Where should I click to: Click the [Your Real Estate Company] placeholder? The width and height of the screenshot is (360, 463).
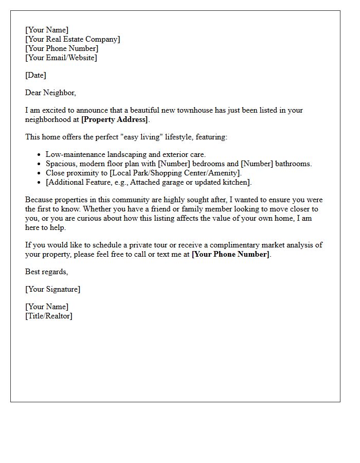pos(73,39)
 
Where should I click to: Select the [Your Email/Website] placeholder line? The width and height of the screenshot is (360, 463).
pos(61,58)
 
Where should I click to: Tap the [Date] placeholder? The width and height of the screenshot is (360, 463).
pos(35,75)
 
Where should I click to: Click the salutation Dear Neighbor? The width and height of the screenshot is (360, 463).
pos(50,93)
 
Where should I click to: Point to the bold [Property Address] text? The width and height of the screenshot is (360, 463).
pos(115,119)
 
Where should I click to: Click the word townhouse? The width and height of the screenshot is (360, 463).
pos(189,110)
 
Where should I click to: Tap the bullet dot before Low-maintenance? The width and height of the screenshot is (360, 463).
pos(39,154)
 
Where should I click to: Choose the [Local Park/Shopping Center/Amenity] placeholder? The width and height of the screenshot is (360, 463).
pos(175,173)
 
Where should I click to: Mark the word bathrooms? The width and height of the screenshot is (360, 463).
pos(293,164)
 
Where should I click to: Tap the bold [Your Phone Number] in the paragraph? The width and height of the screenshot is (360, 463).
pos(230,254)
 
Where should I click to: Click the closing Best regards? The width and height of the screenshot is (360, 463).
pos(46,271)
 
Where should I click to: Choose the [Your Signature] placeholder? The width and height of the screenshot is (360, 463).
pos(52,289)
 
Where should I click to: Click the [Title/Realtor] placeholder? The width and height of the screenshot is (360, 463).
pos(49,316)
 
